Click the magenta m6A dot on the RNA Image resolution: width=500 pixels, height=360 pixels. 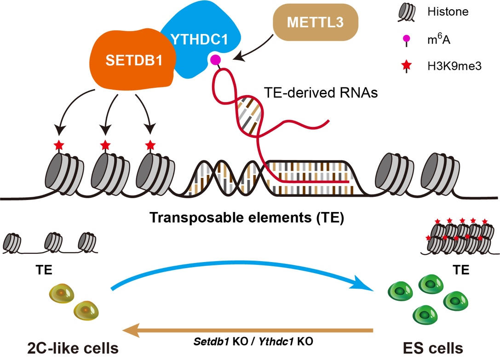(x=215, y=59)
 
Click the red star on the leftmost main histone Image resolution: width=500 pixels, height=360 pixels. (x=59, y=146)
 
